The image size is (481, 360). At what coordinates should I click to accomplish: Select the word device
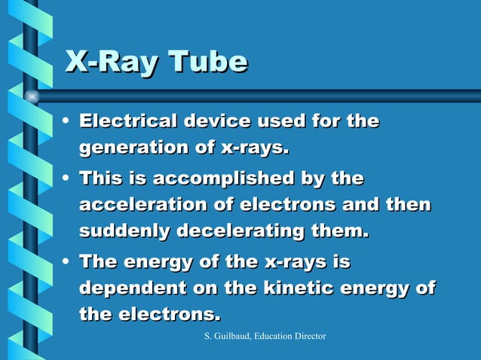(x=216, y=121)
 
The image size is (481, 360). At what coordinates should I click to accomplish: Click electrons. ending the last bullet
(x=170, y=314)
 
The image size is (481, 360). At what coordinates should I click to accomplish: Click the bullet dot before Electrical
(x=69, y=121)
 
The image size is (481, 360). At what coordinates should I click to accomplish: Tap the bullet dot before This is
(x=69, y=178)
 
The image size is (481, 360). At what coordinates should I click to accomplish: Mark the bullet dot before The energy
(x=69, y=262)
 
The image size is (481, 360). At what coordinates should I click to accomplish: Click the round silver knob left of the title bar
(x=32, y=96)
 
